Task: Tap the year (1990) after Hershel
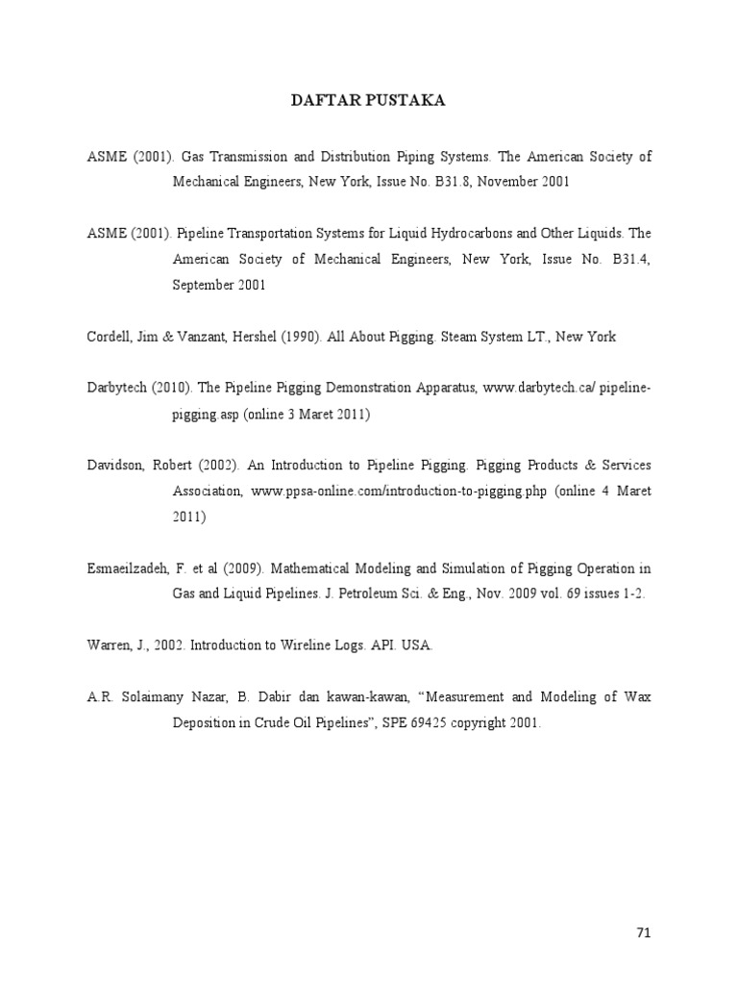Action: (x=300, y=337)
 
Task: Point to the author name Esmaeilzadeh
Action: (x=129, y=568)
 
